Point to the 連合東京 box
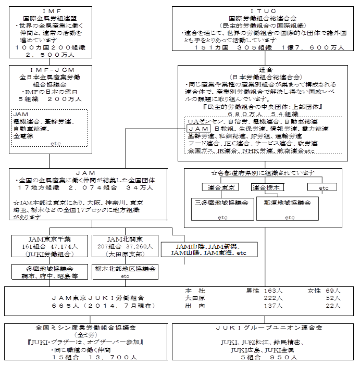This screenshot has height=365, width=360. click(x=220, y=187)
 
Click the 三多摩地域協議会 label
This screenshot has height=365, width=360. click(x=222, y=202)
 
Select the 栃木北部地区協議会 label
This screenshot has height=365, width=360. click(x=125, y=269)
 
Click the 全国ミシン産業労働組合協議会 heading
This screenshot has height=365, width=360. click(x=86, y=328)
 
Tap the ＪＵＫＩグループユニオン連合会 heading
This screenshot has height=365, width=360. click(x=269, y=328)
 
